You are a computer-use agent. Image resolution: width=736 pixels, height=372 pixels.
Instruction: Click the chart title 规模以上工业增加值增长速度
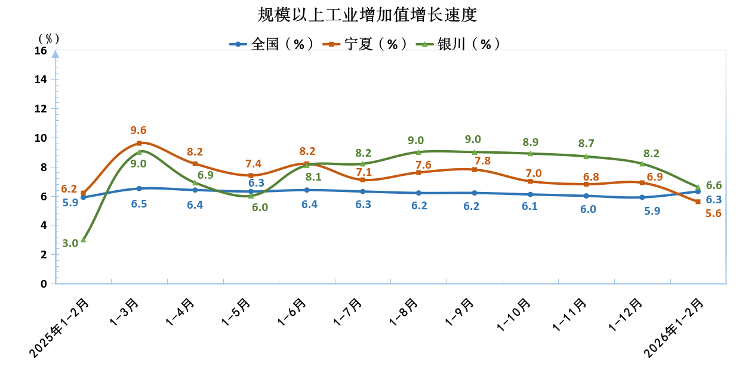pos(368,14)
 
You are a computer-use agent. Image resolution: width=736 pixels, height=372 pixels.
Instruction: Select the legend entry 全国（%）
pos(272,44)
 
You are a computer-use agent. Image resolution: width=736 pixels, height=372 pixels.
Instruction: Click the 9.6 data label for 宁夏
pos(138,130)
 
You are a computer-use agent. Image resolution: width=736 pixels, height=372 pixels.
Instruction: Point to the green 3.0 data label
pos(70,243)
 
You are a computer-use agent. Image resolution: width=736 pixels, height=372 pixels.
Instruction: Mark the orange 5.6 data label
pos(714,213)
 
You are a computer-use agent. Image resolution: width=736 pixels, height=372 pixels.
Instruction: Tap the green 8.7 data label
pos(586,144)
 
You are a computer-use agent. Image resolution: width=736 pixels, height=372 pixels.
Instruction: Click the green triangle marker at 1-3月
pos(139,152)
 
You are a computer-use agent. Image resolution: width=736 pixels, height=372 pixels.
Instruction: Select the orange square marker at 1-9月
pos(475,170)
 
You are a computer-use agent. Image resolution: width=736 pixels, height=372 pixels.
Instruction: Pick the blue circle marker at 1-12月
pos(642,197)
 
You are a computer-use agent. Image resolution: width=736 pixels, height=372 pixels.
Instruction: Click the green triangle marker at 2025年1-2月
pos(84,239)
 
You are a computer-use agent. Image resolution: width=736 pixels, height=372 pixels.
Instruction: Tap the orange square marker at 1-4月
pos(195,164)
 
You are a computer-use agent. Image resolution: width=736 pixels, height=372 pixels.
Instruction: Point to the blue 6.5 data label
pos(139,204)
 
